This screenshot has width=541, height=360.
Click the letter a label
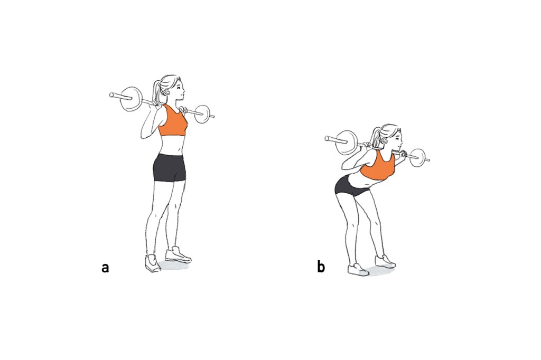coord(106,268)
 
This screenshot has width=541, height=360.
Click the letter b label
coord(321,267)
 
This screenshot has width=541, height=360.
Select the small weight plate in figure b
coord(417,156)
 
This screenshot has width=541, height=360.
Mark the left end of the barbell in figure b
coord(328,139)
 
